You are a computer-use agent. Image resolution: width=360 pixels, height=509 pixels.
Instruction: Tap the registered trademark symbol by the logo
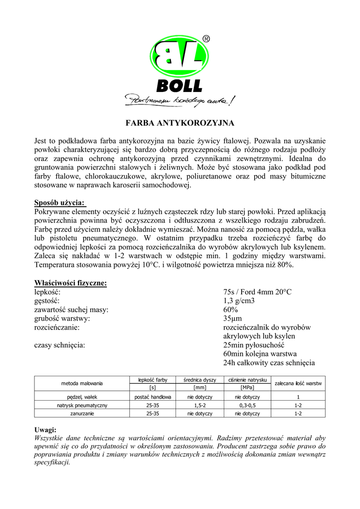click(206, 39)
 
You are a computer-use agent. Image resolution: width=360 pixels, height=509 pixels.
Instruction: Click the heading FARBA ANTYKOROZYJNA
click(180, 122)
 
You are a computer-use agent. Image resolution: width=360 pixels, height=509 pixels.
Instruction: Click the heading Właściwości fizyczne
click(70, 283)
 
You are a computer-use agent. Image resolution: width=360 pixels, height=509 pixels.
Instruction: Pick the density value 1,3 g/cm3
click(241, 301)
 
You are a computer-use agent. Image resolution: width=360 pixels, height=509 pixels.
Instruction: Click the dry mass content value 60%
click(231, 310)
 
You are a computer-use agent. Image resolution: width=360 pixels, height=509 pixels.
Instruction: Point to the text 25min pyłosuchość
click(254, 345)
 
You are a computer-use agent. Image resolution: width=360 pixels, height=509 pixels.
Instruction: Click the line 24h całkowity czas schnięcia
click(269, 363)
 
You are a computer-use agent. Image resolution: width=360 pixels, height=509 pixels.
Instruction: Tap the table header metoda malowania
click(82, 383)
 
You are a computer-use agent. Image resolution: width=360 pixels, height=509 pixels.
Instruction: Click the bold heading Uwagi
click(45, 429)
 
